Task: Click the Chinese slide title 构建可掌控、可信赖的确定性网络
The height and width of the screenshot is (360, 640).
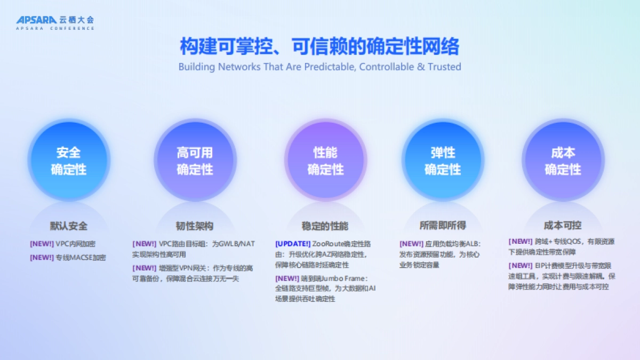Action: pyautogui.click(x=319, y=46)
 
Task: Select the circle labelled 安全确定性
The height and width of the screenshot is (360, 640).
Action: pyautogui.click(x=68, y=161)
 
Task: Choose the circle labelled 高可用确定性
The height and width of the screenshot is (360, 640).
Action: pyautogui.click(x=195, y=161)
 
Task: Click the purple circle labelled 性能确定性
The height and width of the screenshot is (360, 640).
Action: pyautogui.click(x=325, y=161)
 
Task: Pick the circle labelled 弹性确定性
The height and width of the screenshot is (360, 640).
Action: pyautogui.click(x=443, y=161)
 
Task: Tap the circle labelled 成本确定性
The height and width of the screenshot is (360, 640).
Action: pyautogui.click(x=563, y=161)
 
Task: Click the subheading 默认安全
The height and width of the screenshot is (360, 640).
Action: pyautogui.click(x=69, y=226)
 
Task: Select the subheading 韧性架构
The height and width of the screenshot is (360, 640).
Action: pyautogui.click(x=195, y=226)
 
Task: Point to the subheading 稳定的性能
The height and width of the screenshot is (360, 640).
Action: pyautogui.click(x=325, y=226)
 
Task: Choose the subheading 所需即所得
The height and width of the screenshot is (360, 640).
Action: pyautogui.click(x=443, y=226)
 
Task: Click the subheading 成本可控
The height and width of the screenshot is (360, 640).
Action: pyautogui.click(x=563, y=225)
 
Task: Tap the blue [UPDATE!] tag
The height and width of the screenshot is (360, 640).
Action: pyautogui.click(x=293, y=244)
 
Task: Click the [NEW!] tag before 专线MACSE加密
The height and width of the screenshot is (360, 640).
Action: pyautogui.click(x=42, y=258)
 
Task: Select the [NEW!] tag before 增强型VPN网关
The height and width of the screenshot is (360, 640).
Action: pyautogui.click(x=145, y=268)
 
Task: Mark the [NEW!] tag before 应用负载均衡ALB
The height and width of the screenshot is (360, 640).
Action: pyautogui.click(x=411, y=244)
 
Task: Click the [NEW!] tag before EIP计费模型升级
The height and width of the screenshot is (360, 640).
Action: pyautogui.click(x=521, y=266)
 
